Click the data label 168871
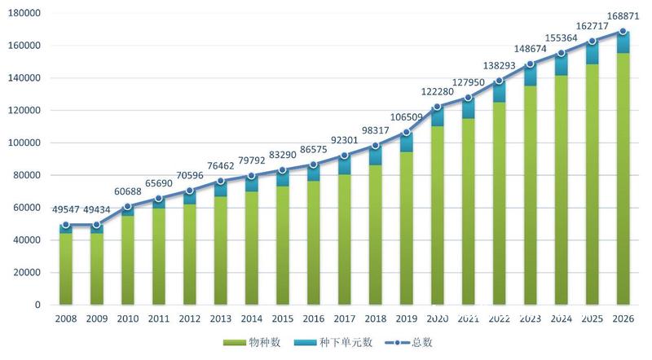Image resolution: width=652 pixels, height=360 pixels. pyautogui.click(x=623, y=16)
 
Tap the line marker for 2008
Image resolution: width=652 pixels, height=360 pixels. pyautogui.click(x=66, y=225)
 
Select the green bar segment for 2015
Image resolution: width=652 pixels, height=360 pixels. pyautogui.click(x=282, y=245)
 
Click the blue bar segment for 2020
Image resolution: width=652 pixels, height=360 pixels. pyautogui.click(x=437, y=116)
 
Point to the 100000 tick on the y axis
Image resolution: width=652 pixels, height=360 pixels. pyautogui.click(x=24, y=143)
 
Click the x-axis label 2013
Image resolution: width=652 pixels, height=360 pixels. pyautogui.click(x=220, y=318)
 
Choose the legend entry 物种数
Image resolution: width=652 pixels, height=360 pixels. pyautogui.click(x=252, y=343)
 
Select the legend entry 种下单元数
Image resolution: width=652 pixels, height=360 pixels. pyautogui.click(x=333, y=343)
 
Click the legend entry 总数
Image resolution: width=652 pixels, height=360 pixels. pyautogui.click(x=409, y=343)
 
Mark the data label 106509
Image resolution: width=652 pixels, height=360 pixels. pyautogui.click(x=406, y=117)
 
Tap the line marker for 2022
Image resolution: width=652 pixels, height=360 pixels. pyautogui.click(x=499, y=81)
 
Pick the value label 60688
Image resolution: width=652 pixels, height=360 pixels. pyautogui.click(x=128, y=191)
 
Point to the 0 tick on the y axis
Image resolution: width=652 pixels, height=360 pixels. pyautogui.click(x=37, y=305)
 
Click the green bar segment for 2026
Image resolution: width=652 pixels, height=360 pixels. pyautogui.click(x=623, y=178)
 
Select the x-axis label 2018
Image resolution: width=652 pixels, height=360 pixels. pyautogui.click(x=376, y=318)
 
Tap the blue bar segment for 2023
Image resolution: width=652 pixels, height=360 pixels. pyautogui.click(x=531, y=75)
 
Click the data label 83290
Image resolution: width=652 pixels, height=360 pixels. pyautogui.click(x=283, y=155)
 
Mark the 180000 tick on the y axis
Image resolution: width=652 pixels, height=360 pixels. pyautogui.click(x=24, y=13)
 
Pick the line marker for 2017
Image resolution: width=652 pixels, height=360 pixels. pyautogui.click(x=344, y=156)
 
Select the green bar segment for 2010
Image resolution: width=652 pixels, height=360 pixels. pyautogui.click(x=128, y=261)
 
